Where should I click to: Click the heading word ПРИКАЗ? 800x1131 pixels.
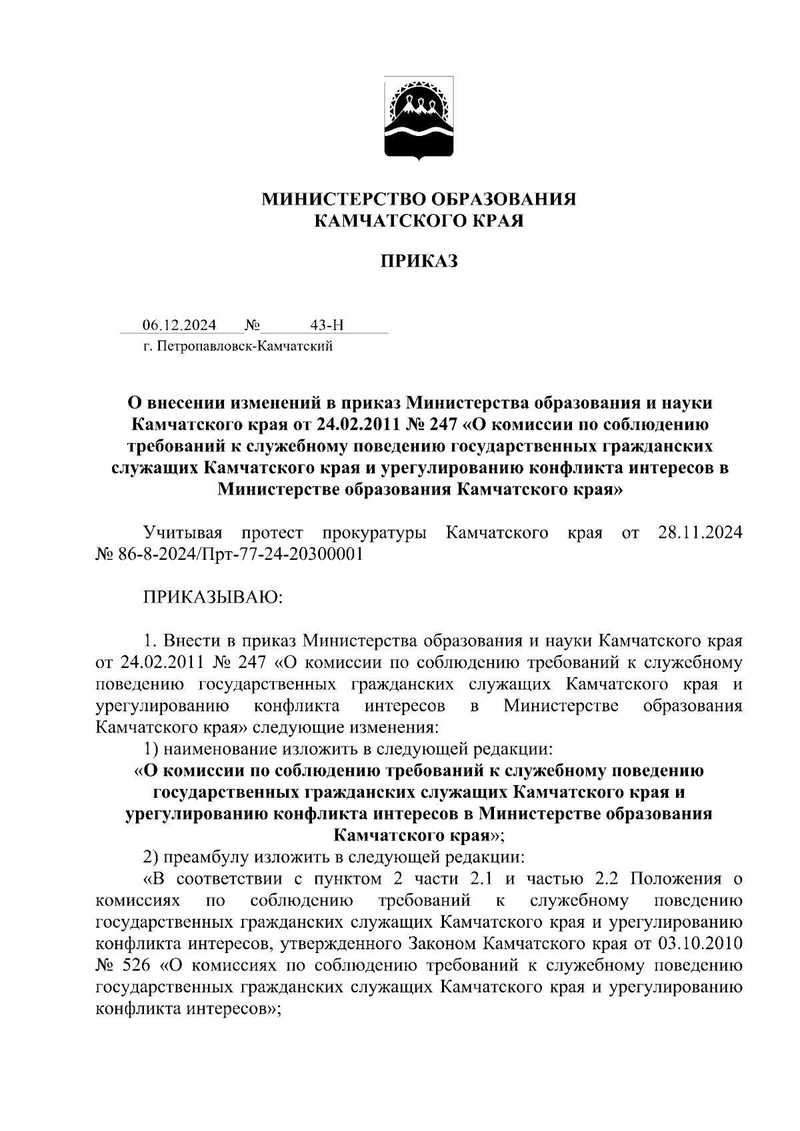click(x=419, y=262)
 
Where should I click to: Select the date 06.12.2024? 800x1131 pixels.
click(x=179, y=325)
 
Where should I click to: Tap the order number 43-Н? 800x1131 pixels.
click(x=327, y=325)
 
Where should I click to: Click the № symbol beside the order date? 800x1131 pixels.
click(x=253, y=325)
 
